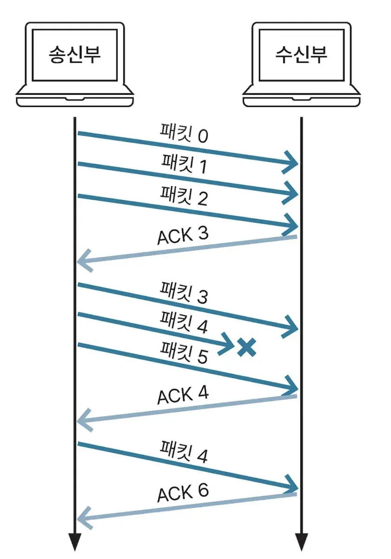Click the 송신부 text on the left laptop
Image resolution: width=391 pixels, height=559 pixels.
point(75,55)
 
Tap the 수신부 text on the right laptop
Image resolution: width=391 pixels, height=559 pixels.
point(301,55)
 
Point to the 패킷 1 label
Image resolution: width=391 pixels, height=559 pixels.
point(184,164)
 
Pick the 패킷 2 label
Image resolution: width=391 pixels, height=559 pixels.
point(184,195)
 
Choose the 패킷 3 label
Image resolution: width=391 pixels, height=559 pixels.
point(184,294)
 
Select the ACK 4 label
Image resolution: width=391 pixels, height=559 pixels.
point(183,396)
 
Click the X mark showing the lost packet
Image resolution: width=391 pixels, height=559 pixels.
point(247,347)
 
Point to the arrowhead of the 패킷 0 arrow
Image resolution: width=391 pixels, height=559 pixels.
point(291,162)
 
